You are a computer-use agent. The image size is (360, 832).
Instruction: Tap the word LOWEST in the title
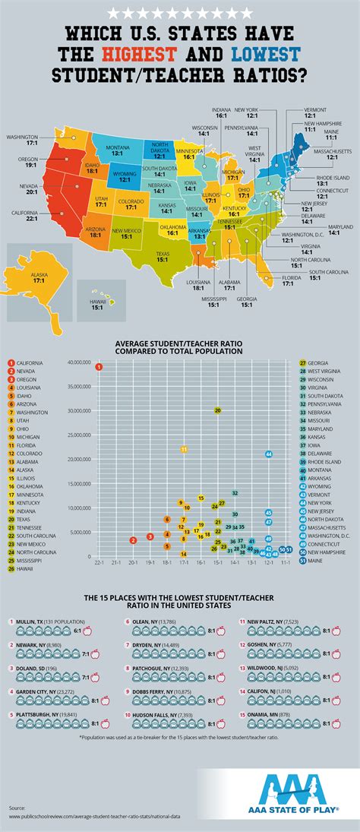click(x=266, y=54)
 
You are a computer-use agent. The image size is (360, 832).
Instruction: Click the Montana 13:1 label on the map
click(x=117, y=150)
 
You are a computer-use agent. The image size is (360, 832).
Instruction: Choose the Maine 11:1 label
click(x=331, y=134)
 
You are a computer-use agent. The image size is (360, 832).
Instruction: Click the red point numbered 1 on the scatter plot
click(x=99, y=367)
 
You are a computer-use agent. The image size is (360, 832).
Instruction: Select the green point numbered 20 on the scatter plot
click(x=217, y=410)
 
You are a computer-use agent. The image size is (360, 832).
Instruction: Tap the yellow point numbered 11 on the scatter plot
click(x=184, y=450)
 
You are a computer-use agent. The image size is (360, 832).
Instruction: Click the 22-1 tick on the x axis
click(x=99, y=563)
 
